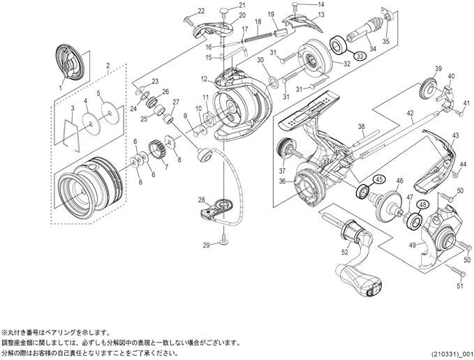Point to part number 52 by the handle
click(345, 254)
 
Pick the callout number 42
click(410, 113)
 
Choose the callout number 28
click(201, 200)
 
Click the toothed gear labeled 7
click(156, 151)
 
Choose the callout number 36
click(282, 181)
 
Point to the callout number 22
click(202, 11)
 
